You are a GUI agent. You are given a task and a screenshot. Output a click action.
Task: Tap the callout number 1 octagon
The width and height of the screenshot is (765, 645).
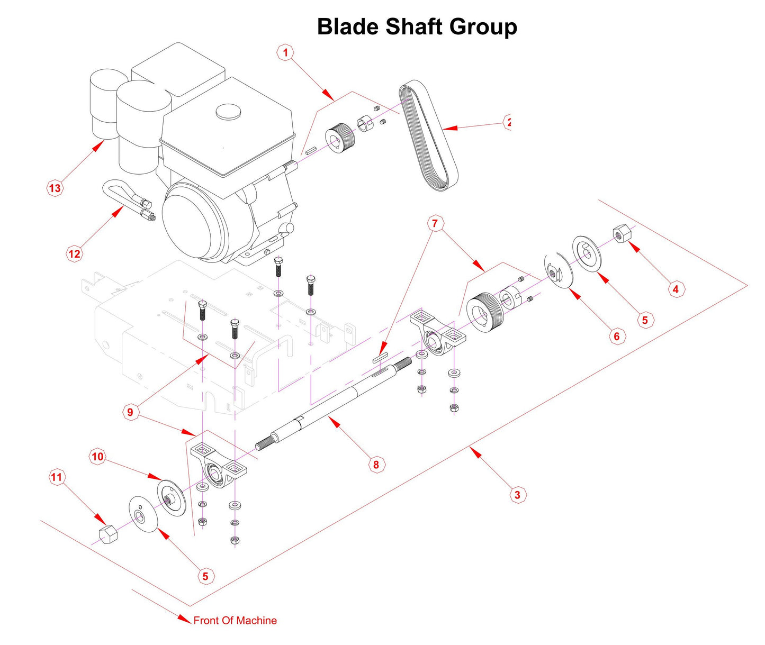pos(286,52)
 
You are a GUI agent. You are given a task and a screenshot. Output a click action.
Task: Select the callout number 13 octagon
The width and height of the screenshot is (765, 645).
pos(55,188)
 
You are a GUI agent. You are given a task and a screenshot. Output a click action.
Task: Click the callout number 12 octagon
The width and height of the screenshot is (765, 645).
pos(75,254)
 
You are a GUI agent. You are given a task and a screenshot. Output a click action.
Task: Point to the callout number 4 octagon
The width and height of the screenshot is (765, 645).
pos(676,289)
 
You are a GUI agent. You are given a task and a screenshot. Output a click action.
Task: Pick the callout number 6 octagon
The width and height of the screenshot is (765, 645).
pos(616,337)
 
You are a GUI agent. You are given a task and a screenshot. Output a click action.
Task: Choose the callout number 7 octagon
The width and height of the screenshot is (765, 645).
pos(435,224)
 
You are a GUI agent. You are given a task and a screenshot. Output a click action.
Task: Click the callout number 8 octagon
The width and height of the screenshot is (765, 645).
pos(376,465)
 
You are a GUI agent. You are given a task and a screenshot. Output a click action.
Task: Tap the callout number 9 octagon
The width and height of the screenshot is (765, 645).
pos(130,412)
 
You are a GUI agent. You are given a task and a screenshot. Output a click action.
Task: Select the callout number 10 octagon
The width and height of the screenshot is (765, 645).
pos(97,457)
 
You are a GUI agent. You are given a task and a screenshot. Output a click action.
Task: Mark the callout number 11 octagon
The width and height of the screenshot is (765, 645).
pos(56,477)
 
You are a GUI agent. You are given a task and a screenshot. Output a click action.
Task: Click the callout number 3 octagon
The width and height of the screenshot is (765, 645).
pos(517,495)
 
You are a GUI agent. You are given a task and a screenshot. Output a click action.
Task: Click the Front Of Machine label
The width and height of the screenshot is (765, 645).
pos(235,621)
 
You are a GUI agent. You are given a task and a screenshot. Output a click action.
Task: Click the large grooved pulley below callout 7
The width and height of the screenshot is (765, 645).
pos(483,313)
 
